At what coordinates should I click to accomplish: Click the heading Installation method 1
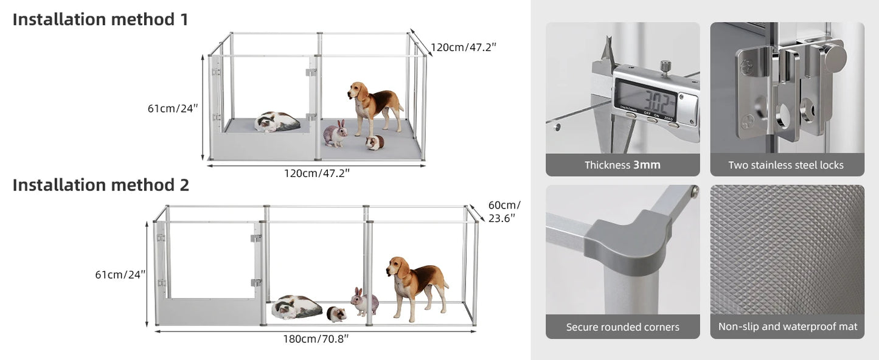pos(100,19)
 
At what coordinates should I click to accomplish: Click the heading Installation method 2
pos(101,185)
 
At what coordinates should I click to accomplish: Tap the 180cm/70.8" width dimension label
pos(316,339)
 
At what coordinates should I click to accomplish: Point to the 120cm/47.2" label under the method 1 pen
pos(316,173)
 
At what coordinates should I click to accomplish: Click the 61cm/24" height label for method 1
pos(173,108)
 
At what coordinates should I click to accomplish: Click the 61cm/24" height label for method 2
pos(120,274)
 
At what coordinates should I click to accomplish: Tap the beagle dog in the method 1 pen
pos(374,107)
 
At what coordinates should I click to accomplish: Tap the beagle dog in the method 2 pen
pos(417,285)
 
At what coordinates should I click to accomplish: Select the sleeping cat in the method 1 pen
pos(277,122)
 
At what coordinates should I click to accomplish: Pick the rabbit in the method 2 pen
pos(364,302)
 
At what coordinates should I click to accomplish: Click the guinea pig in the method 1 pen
pos(375,143)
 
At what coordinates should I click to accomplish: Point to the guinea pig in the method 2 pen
pos(336,314)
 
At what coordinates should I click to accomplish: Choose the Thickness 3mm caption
pos(622,165)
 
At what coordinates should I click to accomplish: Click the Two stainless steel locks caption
pos(786,165)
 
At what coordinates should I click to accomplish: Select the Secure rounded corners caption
pos(622,327)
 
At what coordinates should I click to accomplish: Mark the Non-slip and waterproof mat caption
pos(787,327)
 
